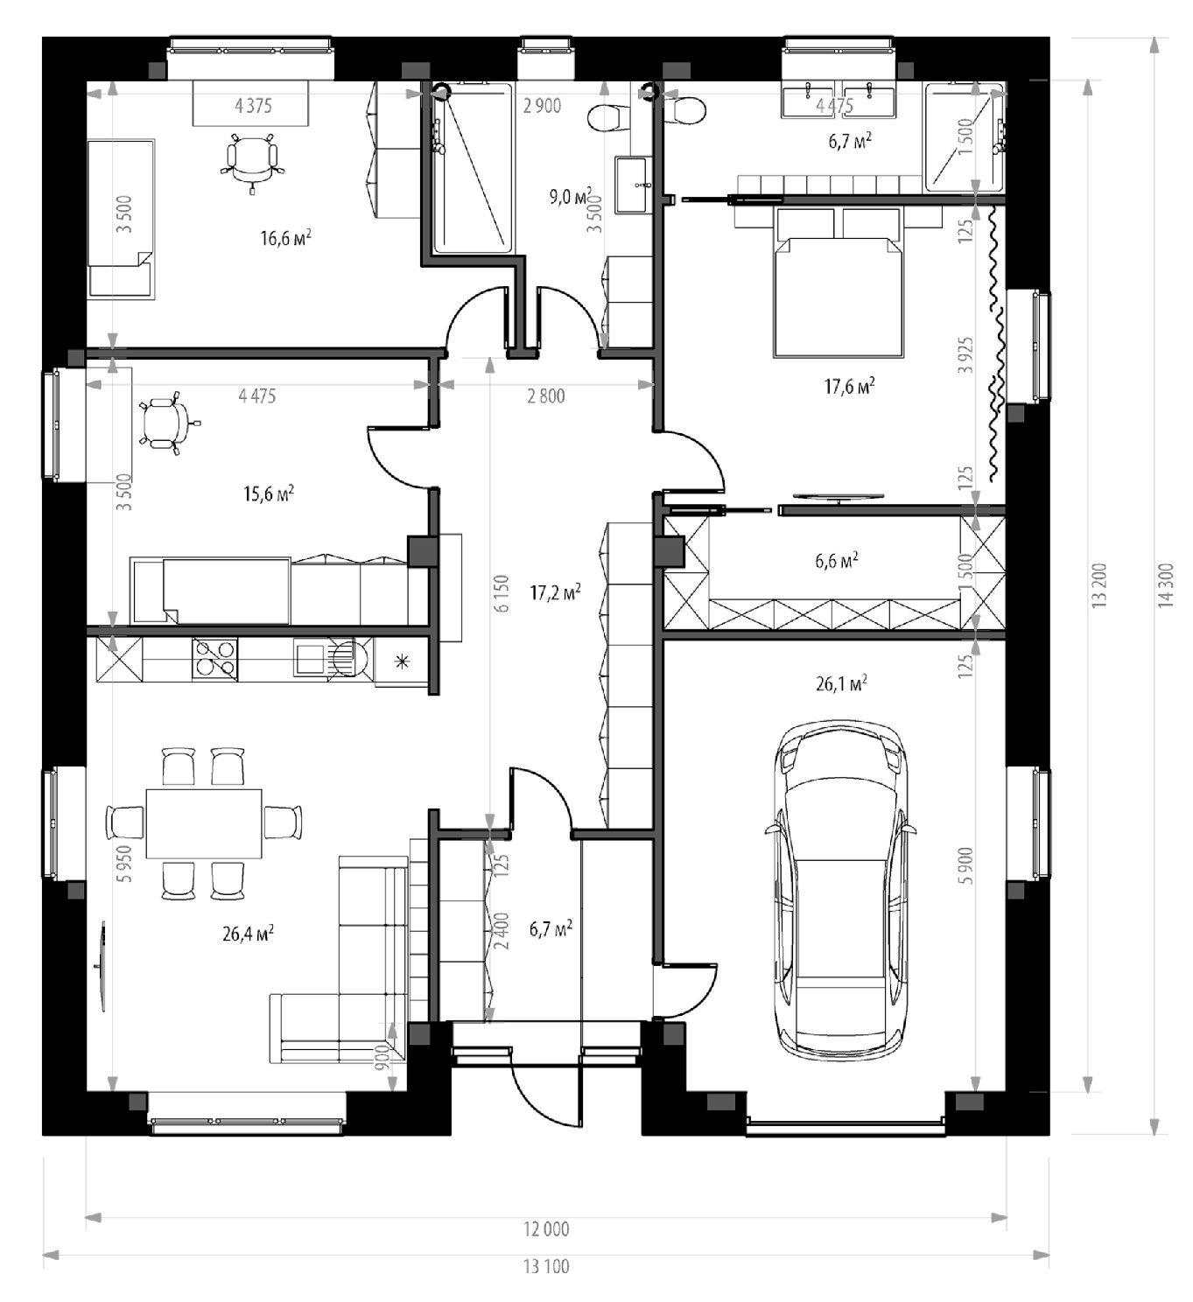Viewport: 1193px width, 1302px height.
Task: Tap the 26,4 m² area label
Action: [248, 934]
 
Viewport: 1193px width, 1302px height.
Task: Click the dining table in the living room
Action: [204, 823]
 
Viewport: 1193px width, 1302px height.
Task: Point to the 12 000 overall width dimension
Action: [546, 1228]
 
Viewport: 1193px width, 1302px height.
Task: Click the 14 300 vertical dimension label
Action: [1167, 584]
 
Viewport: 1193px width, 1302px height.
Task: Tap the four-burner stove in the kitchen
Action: [215, 660]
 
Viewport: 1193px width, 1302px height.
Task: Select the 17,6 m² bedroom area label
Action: [849, 387]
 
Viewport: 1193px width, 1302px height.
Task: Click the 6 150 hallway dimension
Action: [502, 593]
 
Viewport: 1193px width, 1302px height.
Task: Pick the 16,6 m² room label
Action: [285, 238]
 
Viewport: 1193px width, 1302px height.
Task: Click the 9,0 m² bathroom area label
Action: [571, 196]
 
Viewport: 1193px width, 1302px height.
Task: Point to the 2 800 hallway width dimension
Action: [545, 395]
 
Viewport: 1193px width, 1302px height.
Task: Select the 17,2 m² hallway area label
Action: [555, 592]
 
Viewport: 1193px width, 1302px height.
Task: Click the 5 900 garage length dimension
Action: [967, 865]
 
